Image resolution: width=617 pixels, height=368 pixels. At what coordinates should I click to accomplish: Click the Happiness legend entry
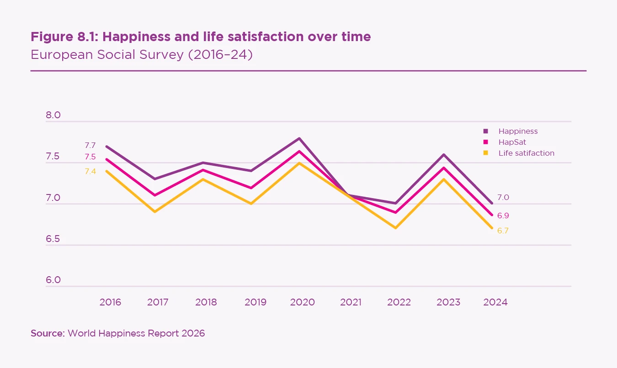518,131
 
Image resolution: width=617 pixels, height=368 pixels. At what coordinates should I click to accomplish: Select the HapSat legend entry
512,142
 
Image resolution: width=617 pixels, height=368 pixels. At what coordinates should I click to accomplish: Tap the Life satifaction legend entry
526,153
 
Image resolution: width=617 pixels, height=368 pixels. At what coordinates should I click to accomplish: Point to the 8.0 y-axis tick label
53,115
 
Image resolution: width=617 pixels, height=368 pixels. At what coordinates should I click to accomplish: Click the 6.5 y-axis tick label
53,239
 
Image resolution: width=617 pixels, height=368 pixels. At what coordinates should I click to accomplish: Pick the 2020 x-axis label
303,302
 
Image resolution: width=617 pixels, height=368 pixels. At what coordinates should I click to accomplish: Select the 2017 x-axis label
158,302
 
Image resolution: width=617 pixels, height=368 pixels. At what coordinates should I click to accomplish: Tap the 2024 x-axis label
495,302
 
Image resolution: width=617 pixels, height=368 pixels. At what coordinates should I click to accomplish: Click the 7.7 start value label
90,146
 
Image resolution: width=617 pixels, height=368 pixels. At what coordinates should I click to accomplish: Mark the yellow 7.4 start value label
90,171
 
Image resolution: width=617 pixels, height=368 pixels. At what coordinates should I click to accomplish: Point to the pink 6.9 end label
503,216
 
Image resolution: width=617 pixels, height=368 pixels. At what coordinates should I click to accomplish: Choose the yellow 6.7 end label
503,231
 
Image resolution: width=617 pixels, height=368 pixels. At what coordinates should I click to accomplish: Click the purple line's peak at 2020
299,138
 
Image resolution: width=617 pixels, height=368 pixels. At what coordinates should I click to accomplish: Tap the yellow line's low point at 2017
155,212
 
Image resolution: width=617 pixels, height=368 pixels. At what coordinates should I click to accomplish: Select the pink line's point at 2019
251,188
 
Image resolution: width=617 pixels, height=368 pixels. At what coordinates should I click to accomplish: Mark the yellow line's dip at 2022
396,228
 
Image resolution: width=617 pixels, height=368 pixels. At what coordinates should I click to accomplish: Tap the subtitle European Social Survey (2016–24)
141,55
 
